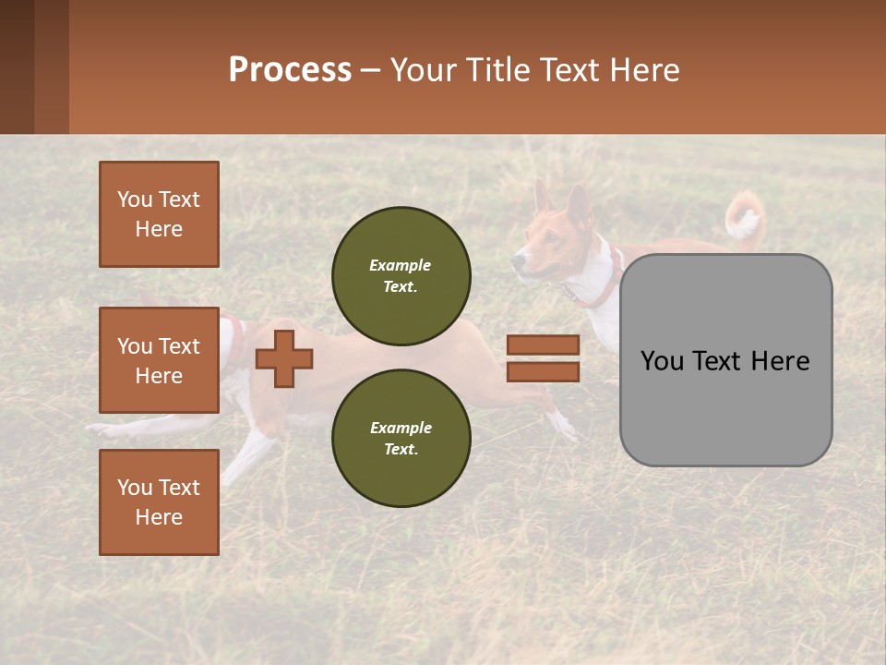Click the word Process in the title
click(290, 69)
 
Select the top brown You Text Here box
click(159, 214)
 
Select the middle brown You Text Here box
click(159, 360)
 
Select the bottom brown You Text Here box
click(159, 502)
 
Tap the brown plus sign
click(283, 358)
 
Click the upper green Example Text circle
click(401, 275)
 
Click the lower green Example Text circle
click(401, 438)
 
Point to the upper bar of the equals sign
click(543, 345)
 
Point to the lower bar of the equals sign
click(543, 371)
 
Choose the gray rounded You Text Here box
click(725, 360)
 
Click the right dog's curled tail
click(743, 218)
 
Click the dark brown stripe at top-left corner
click(17, 66)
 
